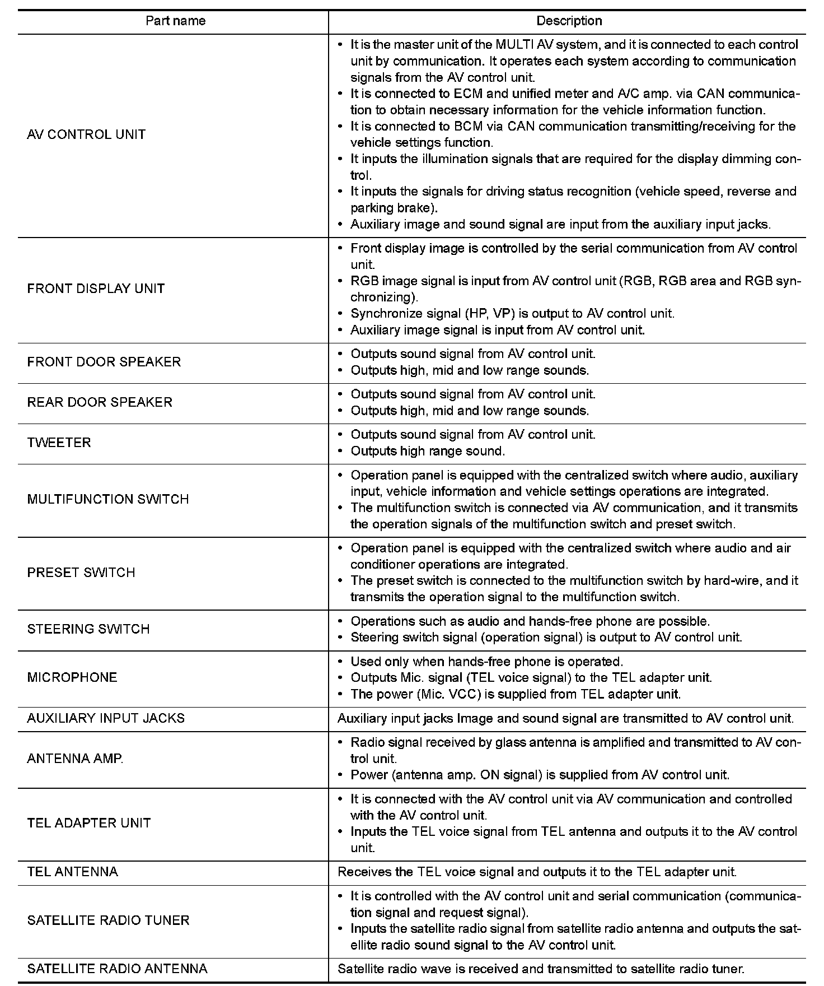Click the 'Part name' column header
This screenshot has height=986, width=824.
pos(175,21)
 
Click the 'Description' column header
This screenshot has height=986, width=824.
pos(569,21)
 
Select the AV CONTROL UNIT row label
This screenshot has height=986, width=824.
pos(86,134)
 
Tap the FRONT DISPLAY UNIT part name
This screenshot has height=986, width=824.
pos(96,289)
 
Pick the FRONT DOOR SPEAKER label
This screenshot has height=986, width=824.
pos(104,362)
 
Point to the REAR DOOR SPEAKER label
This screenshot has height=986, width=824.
pos(100,402)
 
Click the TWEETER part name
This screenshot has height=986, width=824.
pos(59,443)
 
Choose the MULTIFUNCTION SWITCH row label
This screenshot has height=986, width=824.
pos(108,499)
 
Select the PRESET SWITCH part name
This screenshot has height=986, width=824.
pos(81,573)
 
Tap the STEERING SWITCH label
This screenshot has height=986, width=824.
pos(88,629)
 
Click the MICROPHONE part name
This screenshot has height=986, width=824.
pos(72,677)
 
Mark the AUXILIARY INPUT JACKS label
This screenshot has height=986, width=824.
pos(106,718)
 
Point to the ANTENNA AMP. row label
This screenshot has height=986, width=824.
pos(75,759)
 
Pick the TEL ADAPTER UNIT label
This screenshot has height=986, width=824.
pos(89,823)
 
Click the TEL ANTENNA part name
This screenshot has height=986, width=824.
pos(73,872)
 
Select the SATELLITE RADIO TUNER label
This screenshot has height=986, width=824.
pos(108,920)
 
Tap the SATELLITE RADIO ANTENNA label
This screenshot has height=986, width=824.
pos(117,969)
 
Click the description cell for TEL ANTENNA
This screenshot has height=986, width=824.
pos(537,872)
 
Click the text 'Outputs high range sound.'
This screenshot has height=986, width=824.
pos(428,451)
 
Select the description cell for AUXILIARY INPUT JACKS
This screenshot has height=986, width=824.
pos(565,718)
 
